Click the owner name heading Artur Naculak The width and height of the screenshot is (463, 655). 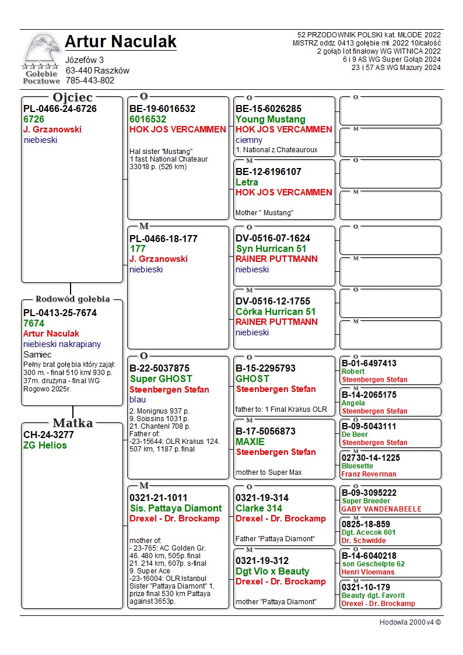(120, 41)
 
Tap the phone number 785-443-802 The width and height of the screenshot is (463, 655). (90, 80)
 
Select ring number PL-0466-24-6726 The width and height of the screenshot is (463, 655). (60, 108)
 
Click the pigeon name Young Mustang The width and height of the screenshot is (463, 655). (262, 119)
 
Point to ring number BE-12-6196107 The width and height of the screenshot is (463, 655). (268, 171)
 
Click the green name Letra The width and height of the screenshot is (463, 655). (247, 182)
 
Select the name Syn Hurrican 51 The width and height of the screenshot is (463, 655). (271, 248)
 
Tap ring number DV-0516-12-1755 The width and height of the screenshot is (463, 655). (273, 301)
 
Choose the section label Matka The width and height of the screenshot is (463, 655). (73, 422)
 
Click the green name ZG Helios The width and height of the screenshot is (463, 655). (45, 445)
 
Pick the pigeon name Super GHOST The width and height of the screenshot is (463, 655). (161, 379)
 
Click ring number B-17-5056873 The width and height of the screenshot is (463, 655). (265, 431)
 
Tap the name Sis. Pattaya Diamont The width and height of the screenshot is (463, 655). (176, 508)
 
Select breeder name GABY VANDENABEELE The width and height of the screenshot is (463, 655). (381, 509)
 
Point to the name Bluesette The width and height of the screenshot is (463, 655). (357, 466)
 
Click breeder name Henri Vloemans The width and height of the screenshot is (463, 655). (368, 572)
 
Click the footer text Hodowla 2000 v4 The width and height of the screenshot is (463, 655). (410, 622)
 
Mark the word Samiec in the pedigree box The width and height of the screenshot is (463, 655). (37, 355)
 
